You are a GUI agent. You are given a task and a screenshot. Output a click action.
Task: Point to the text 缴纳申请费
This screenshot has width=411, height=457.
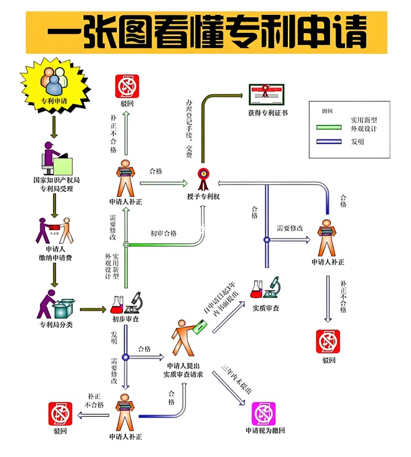pyautogui.click(x=56, y=257)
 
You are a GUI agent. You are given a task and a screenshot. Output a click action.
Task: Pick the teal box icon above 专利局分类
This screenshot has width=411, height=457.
pyautogui.click(x=64, y=308)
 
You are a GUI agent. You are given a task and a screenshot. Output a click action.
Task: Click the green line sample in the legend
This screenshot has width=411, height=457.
pyautogui.click(x=329, y=127)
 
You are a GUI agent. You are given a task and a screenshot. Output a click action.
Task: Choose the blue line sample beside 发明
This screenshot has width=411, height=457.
pyautogui.click(x=329, y=142)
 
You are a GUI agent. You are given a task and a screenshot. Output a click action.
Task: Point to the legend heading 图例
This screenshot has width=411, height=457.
pyautogui.click(x=327, y=111)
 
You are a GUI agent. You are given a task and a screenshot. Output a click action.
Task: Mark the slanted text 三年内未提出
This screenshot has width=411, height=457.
pyautogui.click(x=237, y=380)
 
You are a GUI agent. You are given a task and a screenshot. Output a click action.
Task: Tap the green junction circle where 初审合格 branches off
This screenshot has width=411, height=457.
pyautogui.click(x=126, y=244)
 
